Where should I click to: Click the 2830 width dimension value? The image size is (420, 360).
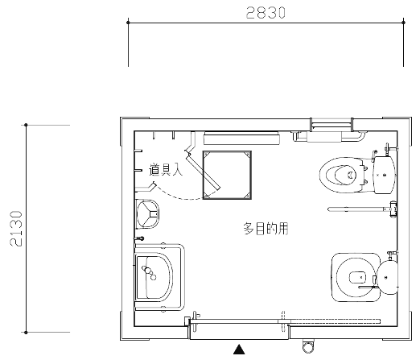266,13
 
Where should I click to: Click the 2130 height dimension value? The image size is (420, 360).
16,229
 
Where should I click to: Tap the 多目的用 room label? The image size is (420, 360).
266,229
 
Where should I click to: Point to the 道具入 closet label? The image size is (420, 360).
166,169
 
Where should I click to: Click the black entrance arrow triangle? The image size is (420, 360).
239,350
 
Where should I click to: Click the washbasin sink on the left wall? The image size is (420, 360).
154,277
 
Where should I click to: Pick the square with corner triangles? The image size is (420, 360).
227,175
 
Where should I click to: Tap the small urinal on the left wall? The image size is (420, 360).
147,214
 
